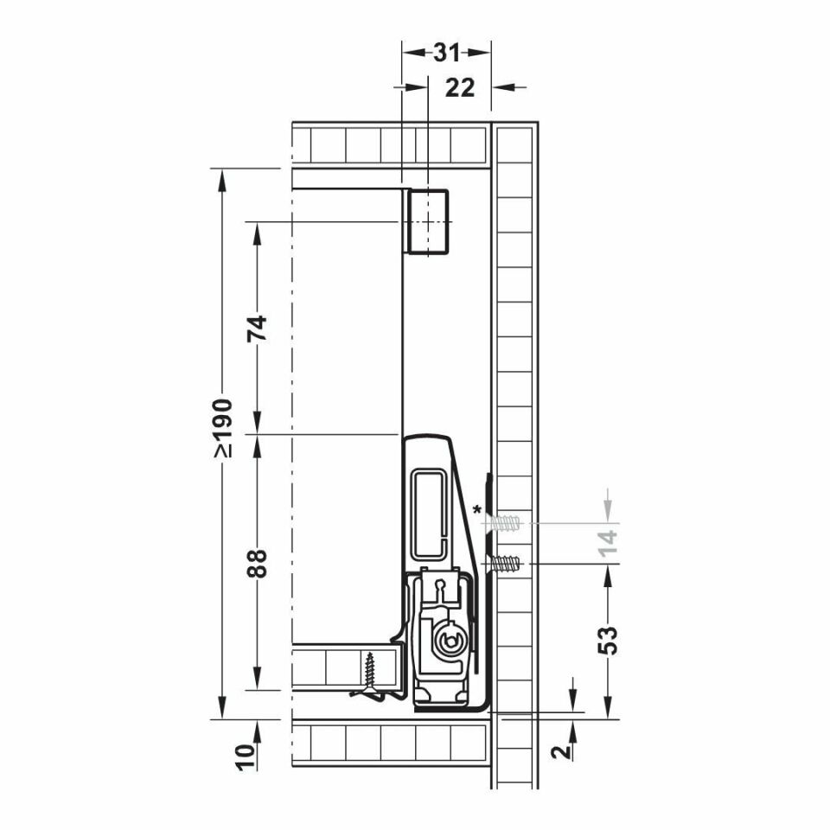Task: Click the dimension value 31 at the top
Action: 446,53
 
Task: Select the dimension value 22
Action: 459,88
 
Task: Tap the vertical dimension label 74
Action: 258,329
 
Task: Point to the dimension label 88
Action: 258,563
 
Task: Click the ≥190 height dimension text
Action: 223,428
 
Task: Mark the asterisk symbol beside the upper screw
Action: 477,511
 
